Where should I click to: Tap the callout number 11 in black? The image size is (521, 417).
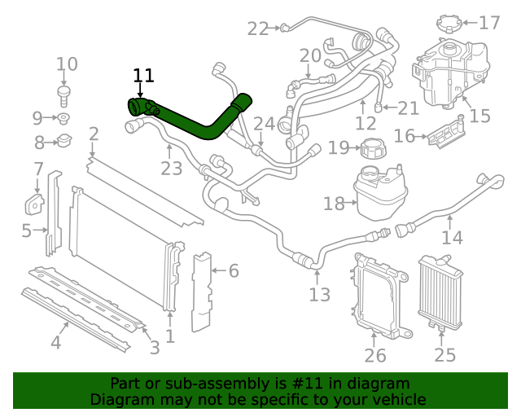tap(143, 76)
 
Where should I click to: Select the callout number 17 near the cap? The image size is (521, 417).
tap(489, 23)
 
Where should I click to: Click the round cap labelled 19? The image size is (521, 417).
tap(374, 149)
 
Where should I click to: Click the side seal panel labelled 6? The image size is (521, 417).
tap(200, 293)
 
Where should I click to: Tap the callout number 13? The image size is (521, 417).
tap(320, 294)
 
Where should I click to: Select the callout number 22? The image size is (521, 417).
tap(258, 29)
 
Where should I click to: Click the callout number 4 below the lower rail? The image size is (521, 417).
tap(55, 343)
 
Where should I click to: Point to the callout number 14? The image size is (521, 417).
tap(452, 238)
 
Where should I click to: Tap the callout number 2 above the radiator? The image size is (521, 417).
tap(94, 134)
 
